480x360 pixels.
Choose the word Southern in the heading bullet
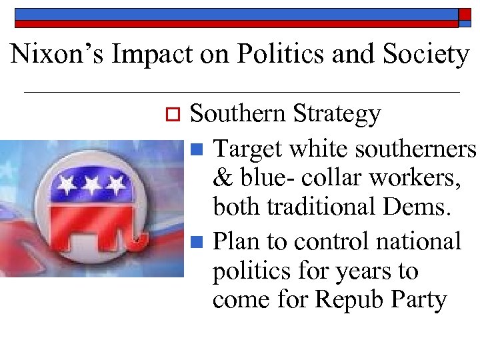237,114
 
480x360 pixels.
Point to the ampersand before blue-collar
221,179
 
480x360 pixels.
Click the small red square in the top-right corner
465,13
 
